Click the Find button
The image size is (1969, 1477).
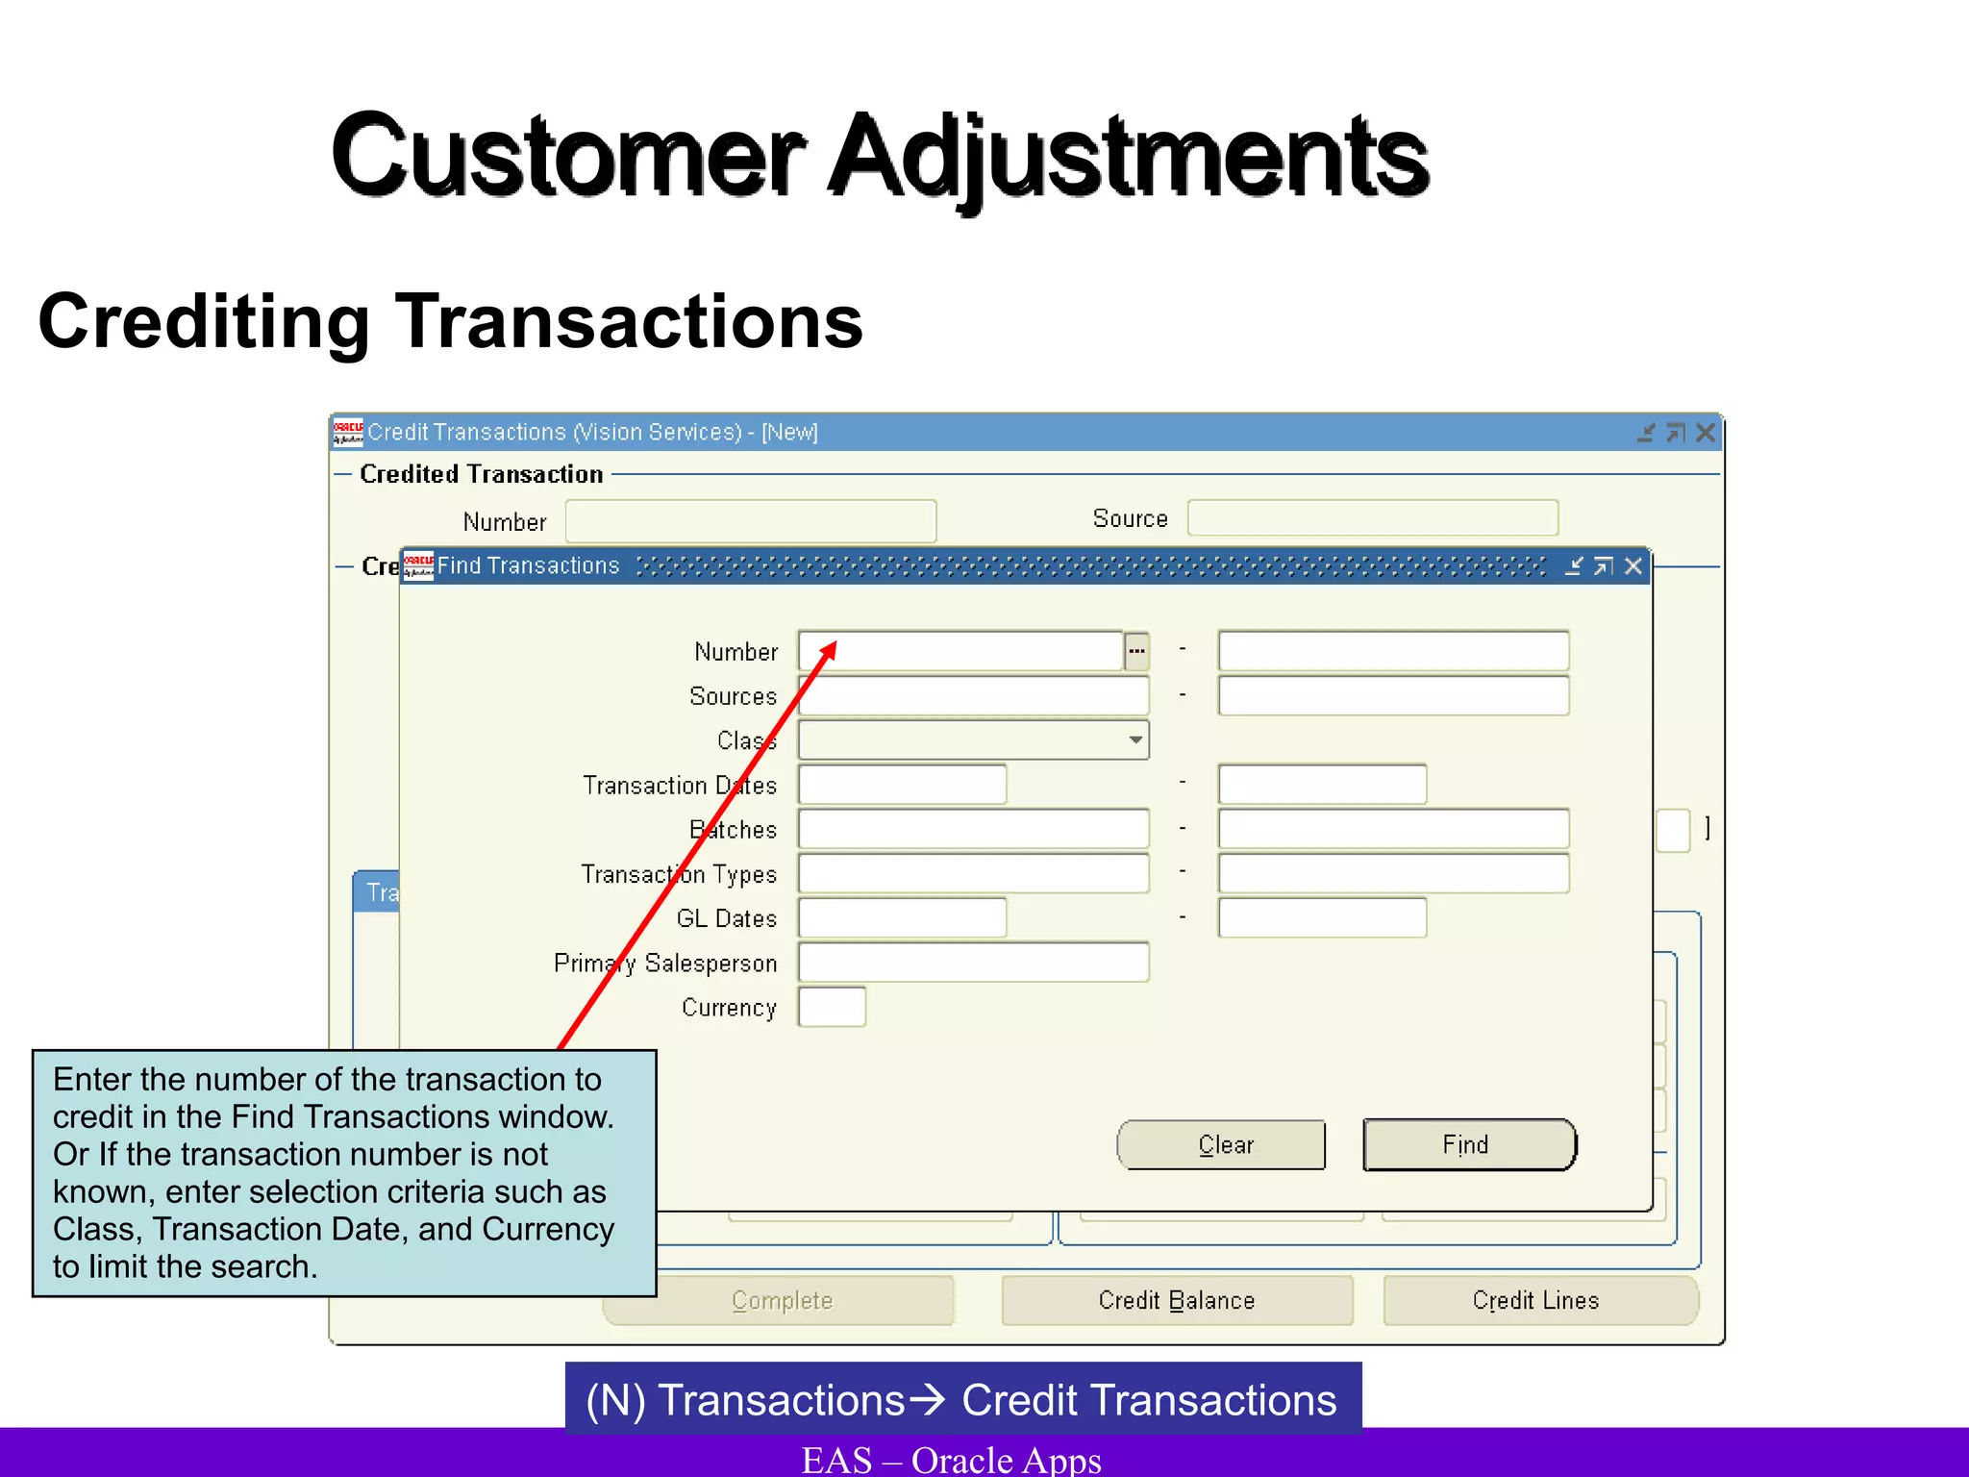[x=1469, y=1144]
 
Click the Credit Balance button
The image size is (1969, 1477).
[x=1177, y=1300]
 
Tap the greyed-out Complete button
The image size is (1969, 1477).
[x=781, y=1300]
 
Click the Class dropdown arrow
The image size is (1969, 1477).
[x=1135, y=740]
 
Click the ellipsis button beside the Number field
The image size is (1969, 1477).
[x=1136, y=652]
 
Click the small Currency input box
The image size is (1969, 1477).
[x=832, y=1007]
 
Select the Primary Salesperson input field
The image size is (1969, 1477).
[x=973, y=963]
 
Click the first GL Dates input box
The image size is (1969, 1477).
[x=902, y=918]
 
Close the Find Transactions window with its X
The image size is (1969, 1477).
[x=1633, y=566]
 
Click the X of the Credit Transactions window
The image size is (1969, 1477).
[x=1705, y=433]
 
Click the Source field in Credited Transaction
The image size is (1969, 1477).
[x=1372, y=518]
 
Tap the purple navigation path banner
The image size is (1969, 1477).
[x=962, y=1399]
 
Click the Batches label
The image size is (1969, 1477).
[x=733, y=830]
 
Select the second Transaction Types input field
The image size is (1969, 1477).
[x=1392, y=873]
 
